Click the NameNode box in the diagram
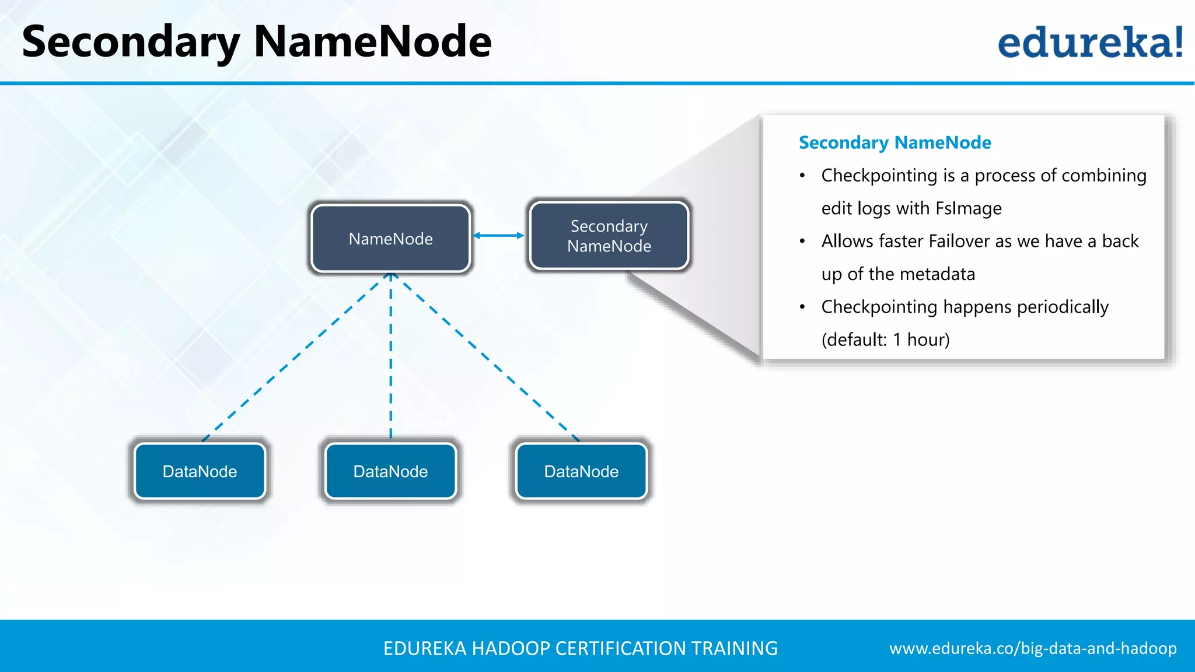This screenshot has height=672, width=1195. point(390,238)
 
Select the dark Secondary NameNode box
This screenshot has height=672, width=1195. point(609,236)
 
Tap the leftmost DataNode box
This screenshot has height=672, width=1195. point(200,471)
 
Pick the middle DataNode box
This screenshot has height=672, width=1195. point(390,471)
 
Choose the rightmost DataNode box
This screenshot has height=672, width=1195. point(581,471)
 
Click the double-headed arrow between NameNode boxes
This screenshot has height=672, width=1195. point(498,236)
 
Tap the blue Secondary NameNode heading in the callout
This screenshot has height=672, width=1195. point(894,142)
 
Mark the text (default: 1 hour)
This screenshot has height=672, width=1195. point(885,339)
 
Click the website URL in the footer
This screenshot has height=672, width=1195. point(1033,648)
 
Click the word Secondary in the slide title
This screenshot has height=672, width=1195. point(131,42)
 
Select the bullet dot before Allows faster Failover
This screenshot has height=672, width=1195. point(803,241)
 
